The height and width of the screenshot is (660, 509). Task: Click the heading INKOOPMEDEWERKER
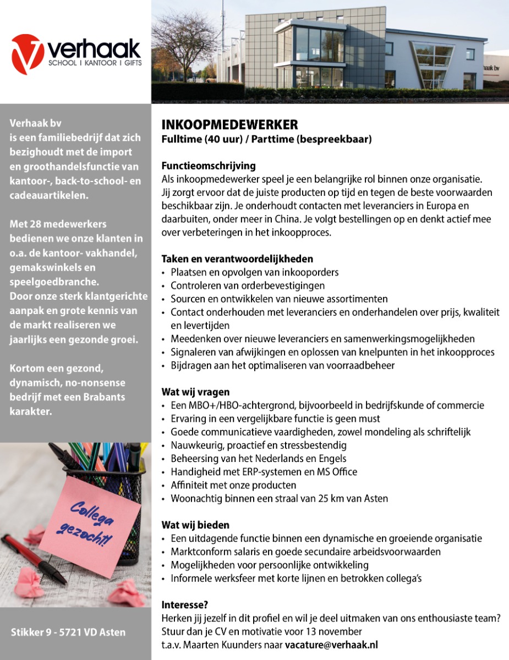(229, 124)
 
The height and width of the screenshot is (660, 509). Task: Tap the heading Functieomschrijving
(209, 166)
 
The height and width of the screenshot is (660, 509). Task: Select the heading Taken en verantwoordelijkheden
(237, 258)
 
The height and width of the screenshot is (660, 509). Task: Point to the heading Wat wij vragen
(195, 392)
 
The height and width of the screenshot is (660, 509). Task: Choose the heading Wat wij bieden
(195, 525)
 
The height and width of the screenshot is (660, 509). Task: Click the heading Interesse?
(184, 604)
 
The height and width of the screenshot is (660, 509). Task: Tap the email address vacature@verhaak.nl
(331, 645)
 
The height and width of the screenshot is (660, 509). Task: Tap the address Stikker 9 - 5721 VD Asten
(68, 632)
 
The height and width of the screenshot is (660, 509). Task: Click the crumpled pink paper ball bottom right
(128, 592)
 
